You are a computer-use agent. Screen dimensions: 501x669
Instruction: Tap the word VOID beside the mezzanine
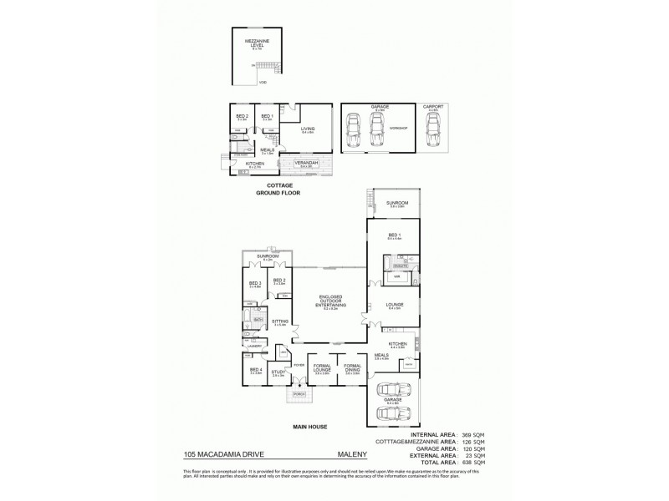(x=263, y=83)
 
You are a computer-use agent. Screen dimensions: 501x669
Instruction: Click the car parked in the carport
(x=432, y=129)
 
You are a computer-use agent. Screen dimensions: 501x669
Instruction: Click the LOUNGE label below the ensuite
(x=396, y=304)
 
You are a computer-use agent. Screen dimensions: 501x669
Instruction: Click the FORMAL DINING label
(x=353, y=367)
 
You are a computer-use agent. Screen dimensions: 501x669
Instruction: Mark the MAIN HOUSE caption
(x=309, y=428)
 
